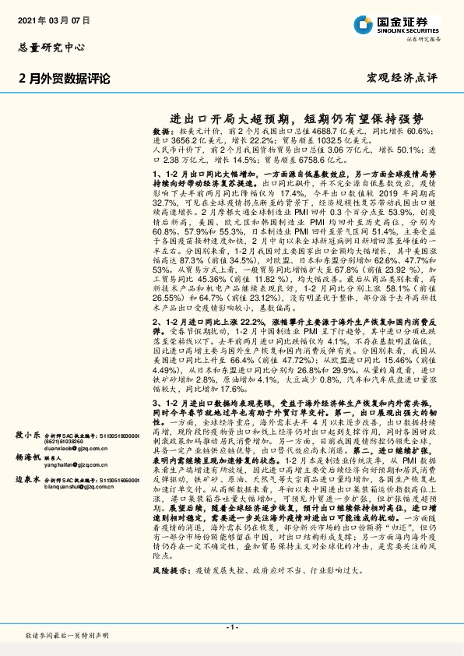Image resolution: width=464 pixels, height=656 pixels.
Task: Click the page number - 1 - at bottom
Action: click(231, 627)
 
